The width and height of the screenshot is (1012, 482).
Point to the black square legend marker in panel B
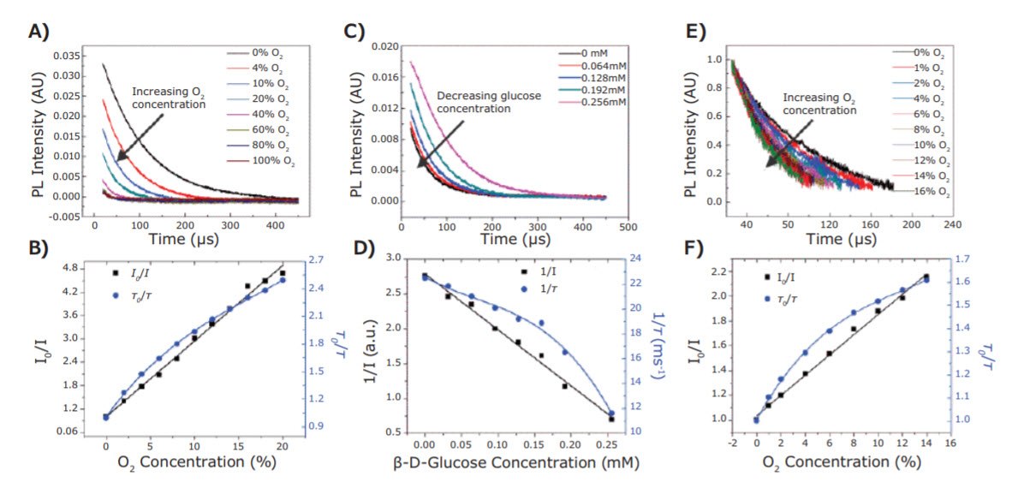[114, 272]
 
